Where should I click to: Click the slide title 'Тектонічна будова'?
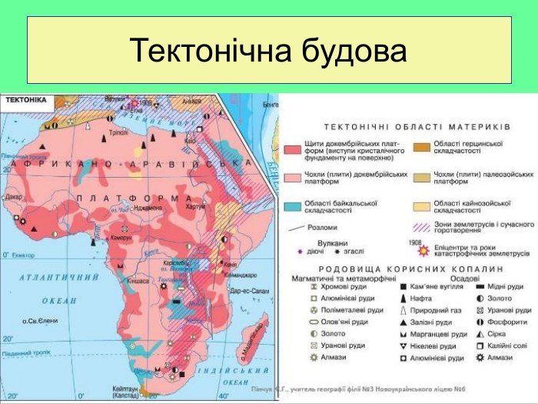pyautogui.click(x=268, y=51)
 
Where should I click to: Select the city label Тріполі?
pyautogui.click(x=118, y=132)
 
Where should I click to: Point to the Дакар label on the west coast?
pyautogui.click(x=12, y=197)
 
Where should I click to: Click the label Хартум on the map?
pyautogui.click(x=195, y=206)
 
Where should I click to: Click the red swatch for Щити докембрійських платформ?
pyautogui.click(x=292, y=148)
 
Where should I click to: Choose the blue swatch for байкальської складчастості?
pyautogui.click(x=292, y=206)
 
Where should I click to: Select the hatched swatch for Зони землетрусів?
pyautogui.click(x=421, y=227)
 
